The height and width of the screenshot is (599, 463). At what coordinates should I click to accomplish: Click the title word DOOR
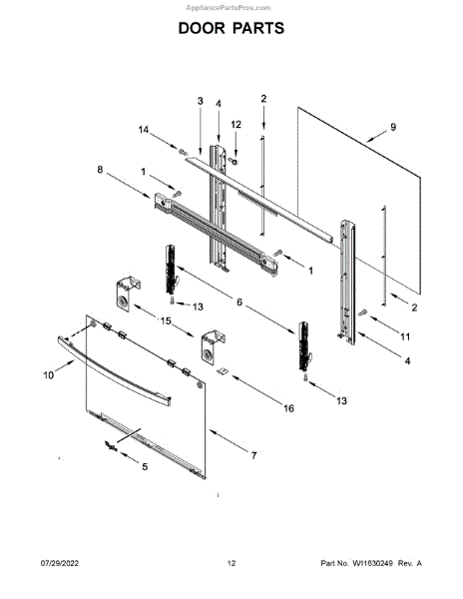point(203,28)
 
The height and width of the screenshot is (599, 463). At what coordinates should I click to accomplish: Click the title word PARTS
point(258,28)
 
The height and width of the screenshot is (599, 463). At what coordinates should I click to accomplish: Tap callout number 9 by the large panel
point(393,127)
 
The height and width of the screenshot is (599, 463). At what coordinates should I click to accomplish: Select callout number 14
point(143,130)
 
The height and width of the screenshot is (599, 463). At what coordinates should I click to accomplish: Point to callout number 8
point(100,170)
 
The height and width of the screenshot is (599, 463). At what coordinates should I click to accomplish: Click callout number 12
point(236,125)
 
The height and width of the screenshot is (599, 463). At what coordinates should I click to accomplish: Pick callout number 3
point(200,101)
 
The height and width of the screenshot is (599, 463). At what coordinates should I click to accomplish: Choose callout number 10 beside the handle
point(49,375)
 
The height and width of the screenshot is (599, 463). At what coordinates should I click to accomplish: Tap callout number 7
point(253,455)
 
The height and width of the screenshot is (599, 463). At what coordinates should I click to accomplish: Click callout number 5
point(145,466)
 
